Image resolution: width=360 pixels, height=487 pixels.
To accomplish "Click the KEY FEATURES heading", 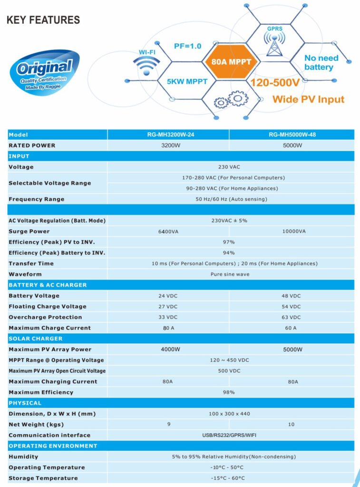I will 43,19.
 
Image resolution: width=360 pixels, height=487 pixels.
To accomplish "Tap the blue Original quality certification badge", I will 44,72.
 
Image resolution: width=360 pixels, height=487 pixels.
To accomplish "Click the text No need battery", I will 321,62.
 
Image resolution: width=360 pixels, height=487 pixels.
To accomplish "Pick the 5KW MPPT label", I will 187,81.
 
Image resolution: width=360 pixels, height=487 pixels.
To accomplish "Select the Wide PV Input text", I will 308,99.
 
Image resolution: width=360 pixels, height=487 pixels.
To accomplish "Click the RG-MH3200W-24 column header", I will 168,135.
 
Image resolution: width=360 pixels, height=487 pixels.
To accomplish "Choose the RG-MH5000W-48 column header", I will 292,135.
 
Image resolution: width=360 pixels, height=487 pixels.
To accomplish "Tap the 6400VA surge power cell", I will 168,231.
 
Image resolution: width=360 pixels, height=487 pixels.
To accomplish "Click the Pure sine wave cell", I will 230,274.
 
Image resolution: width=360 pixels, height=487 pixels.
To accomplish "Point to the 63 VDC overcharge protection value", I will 292,317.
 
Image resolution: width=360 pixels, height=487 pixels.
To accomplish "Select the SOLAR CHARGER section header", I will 36,339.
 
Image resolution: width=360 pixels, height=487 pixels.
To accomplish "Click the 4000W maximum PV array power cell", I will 168,350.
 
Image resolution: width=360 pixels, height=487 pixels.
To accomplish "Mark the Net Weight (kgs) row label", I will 36,424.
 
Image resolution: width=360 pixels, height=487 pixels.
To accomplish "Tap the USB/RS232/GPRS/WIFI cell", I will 230,435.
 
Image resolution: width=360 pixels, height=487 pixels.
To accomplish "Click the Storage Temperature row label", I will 43,478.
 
